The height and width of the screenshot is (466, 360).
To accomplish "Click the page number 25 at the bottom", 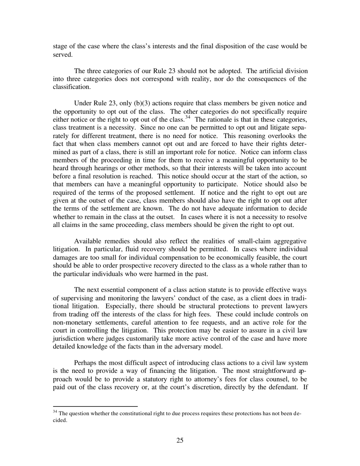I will [x=180, y=440].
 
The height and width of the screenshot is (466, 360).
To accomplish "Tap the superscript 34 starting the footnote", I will [x=55, y=411].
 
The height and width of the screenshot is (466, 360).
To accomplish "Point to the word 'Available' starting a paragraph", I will [x=88, y=241].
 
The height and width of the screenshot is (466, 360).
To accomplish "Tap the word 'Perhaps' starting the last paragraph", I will [x=86, y=363].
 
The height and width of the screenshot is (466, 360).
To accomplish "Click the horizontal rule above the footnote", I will [x=95, y=406].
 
